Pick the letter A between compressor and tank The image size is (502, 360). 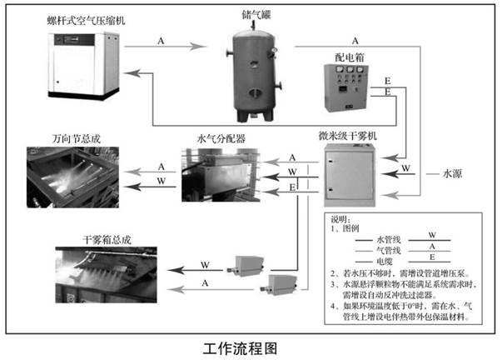[161, 40]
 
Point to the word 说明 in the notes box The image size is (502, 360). [342, 216]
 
